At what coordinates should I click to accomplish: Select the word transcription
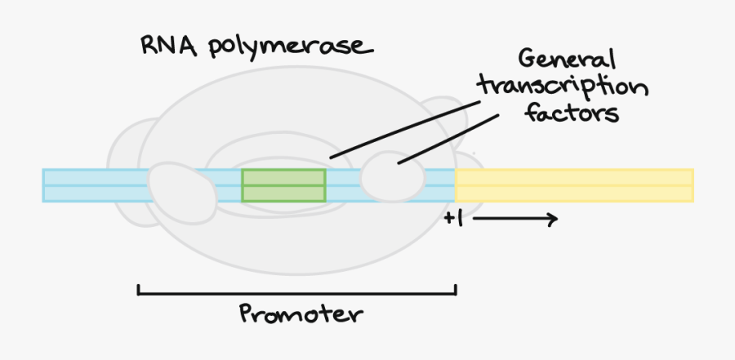tap(563, 87)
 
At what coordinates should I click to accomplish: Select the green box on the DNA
tap(283, 185)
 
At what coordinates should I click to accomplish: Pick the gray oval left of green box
tap(181, 187)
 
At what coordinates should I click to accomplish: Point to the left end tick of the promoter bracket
tap(139, 289)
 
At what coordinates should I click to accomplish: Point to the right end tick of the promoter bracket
tap(455, 289)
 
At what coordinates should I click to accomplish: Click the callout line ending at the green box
tap(408, 126)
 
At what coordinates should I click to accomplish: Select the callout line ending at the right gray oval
tap(449, 137)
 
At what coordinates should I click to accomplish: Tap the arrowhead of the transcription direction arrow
tap(553, 219)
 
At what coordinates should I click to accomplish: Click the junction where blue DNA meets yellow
tap(455, 185)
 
